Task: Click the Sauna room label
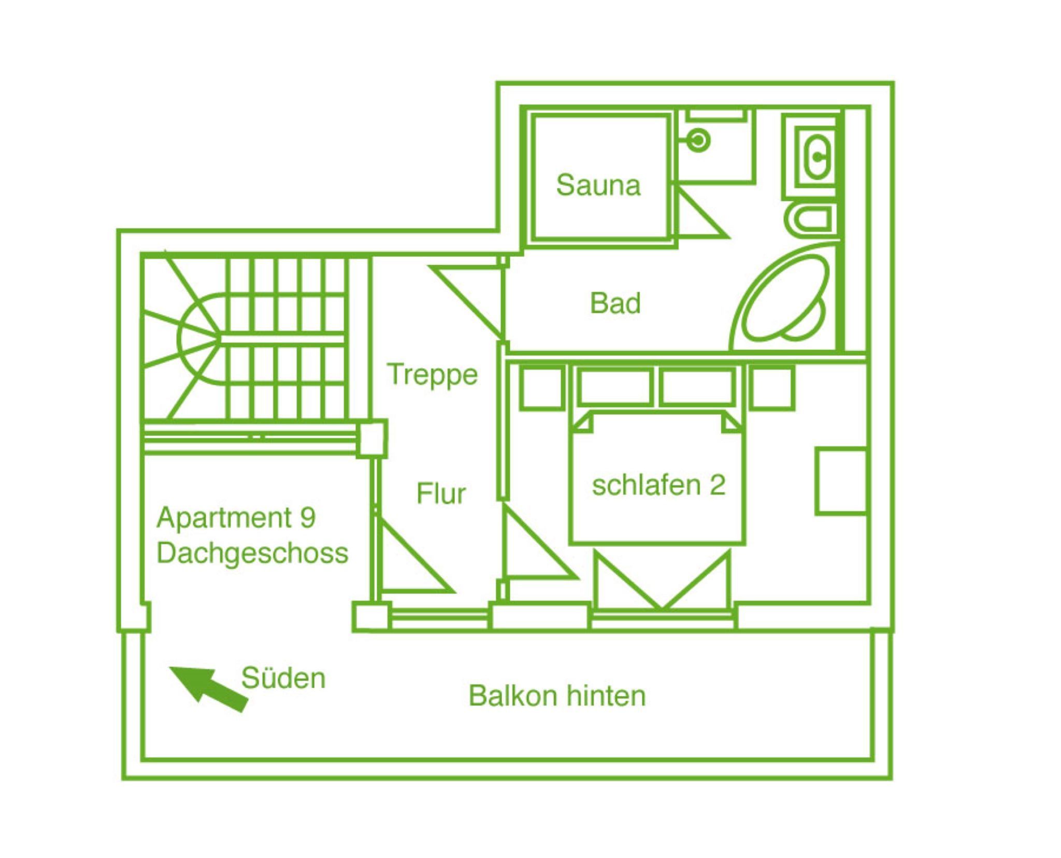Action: pyautogui.click(x=598, y=185)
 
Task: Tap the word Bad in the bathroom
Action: pyautogui.click(x=615, y=303)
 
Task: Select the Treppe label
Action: pyautogui.click(x=433, y=375)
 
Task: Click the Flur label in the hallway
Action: pyautogui.click(x=441, y=493)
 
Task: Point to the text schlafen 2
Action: pyautogui.click(x=658, y=485)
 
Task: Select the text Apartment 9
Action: pyautogui.click(x=236, y=517)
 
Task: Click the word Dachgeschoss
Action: pyautogui.click(x=253, y=554)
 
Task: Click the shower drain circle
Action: pyautogui.click(x=699, y=140)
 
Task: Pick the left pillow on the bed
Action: pyautogui.click(x=614, y=387)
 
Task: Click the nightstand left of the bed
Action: pyautogui.click(x=542, y=387)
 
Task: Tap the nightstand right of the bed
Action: pyautogui.click(x=772, y=387)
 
